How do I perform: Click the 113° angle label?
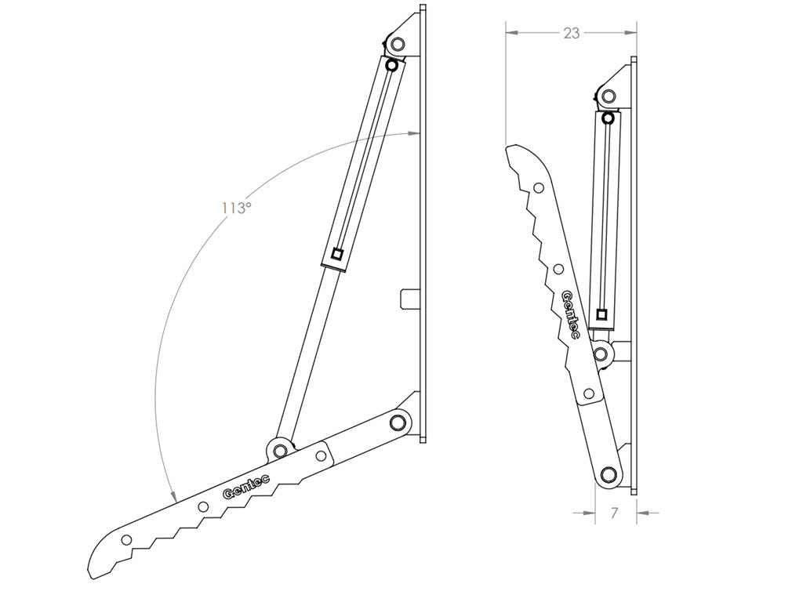pyautogui.click(x=235, y=208)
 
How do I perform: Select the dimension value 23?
pyautogui.click(x=571, y=33)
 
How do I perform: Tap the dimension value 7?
pyautogui.click(x=614, y=513)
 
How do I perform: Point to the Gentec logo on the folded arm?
pyautogui.click(x=571, y=314)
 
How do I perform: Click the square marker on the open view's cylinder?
pyautogui.click(x=336, y=253)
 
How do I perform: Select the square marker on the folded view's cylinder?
pyautogui.click(x=601, y=315)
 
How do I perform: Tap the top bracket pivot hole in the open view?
pyautogui.click(x=397, y=44)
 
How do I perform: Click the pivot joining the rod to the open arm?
pyautogui.click(x=279, y=450)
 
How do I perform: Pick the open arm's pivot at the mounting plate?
pyautogui.click(x=398, y=423)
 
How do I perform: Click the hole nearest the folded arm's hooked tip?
pyautogui.click(x=538, y=188)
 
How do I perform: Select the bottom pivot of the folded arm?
pyautogui.click(x=606, y=474)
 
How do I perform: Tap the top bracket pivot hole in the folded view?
pyautogui.click(x=608, y=97)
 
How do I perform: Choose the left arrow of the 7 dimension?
pyautogui.click(x=583, y=513)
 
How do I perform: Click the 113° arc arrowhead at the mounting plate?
pyautogui.click(x=416, y=134)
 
